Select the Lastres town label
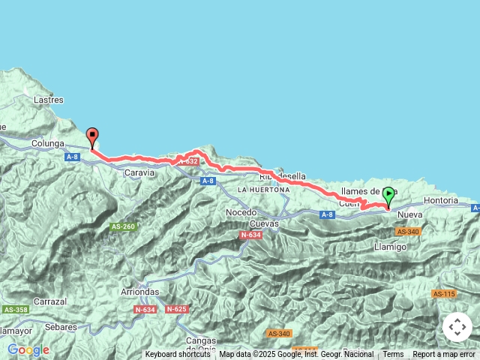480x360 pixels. [48, 100]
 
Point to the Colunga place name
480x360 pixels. [49, 142]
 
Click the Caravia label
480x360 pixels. [139, 172]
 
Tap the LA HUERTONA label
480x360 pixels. [263, 190]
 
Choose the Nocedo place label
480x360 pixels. [241, 213]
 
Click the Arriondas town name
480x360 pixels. [141, 292]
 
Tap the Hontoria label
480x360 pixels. [440, 201]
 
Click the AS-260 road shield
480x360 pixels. [123, 226]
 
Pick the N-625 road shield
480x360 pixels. [176, 309]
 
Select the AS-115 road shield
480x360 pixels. [444, 293]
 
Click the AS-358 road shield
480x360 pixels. [15, 310]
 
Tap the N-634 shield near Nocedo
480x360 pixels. [250, 235]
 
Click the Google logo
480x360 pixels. [28, 350]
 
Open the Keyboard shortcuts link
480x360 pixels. [178, 355]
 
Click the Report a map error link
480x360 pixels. [444, 355]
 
